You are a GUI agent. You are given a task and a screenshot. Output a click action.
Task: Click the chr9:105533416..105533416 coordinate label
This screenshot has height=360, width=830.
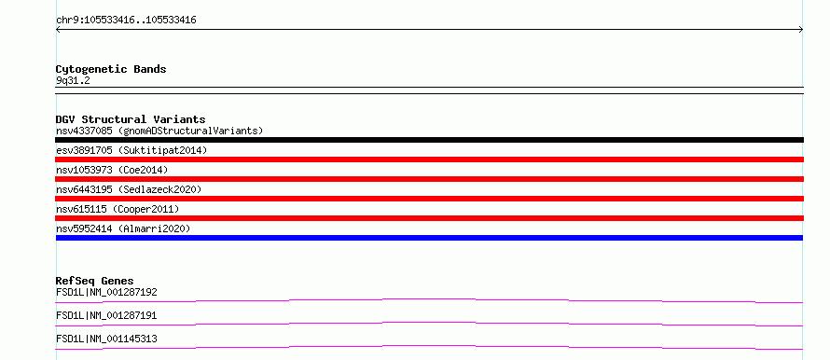point(127,21)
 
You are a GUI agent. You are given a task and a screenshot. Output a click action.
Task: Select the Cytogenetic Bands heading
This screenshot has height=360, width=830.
point(111,69)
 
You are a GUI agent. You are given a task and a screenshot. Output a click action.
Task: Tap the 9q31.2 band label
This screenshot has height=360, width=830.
point(73,80)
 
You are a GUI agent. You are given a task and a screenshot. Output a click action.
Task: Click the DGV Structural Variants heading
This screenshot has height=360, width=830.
point(131,119)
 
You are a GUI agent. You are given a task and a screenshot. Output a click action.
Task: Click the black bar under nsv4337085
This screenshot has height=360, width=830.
point(429,140)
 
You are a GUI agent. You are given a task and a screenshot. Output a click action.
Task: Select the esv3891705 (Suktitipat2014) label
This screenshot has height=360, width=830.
point(131,150)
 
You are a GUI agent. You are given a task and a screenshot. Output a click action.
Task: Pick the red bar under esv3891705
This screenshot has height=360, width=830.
point(429,159)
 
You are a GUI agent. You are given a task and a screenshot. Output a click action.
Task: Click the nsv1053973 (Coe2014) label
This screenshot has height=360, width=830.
point(112,170)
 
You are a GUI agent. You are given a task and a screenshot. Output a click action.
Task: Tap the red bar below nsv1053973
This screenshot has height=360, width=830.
point(429,179)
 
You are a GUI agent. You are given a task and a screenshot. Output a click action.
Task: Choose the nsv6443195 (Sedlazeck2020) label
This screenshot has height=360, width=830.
point(129,189)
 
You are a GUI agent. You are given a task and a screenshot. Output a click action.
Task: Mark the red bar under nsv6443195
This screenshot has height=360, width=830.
point(429,199)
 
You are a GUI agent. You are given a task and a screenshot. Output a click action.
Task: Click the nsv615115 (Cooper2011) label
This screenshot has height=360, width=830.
point(118,209)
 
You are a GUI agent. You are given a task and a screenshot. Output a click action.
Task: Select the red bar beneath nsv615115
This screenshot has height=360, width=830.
point(429,218)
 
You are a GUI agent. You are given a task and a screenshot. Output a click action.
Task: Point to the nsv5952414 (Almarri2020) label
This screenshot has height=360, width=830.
point(123,228)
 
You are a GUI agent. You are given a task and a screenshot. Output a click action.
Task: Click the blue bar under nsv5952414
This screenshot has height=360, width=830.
point(429,238)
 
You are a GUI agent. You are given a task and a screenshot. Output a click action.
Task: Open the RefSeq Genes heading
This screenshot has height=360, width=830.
point(95,281)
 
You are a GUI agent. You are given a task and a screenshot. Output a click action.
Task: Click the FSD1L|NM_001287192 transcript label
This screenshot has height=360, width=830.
point(106,292)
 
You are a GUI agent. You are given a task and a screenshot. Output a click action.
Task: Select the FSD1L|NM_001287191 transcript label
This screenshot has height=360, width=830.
point(106,315)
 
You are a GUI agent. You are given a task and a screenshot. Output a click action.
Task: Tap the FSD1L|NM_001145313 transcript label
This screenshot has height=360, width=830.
point(106,339)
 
